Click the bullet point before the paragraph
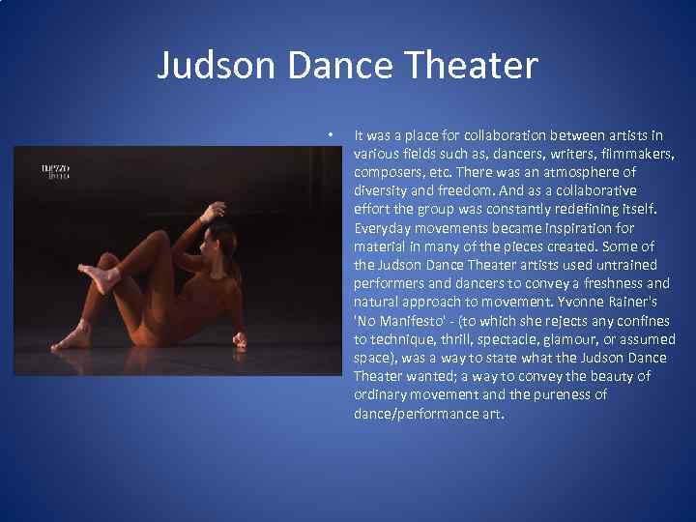click(331, 134)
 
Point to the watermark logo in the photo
click(55, 172)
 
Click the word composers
click(388, 172)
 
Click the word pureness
click(574, 394)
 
